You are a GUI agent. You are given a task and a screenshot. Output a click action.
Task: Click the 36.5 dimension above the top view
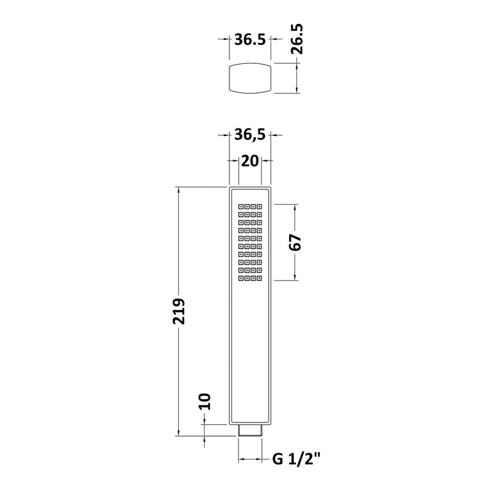[250, 39]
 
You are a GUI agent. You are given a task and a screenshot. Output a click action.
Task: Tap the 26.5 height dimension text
[296, 39]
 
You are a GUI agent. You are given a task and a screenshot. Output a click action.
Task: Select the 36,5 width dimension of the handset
[250, 135]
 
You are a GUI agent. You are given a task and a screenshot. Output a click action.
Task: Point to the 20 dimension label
[250, 161]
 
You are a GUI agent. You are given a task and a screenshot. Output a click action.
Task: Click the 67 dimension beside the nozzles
[295, 242]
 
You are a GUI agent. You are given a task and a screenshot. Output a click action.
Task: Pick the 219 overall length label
[179, 311]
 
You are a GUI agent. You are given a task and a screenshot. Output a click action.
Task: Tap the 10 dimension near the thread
[204, 402]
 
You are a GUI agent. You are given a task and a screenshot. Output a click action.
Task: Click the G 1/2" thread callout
[296, 459]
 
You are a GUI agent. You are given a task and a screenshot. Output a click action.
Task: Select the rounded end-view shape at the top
[250, 78]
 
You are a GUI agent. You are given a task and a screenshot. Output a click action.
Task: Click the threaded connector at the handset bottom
[250, 430]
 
